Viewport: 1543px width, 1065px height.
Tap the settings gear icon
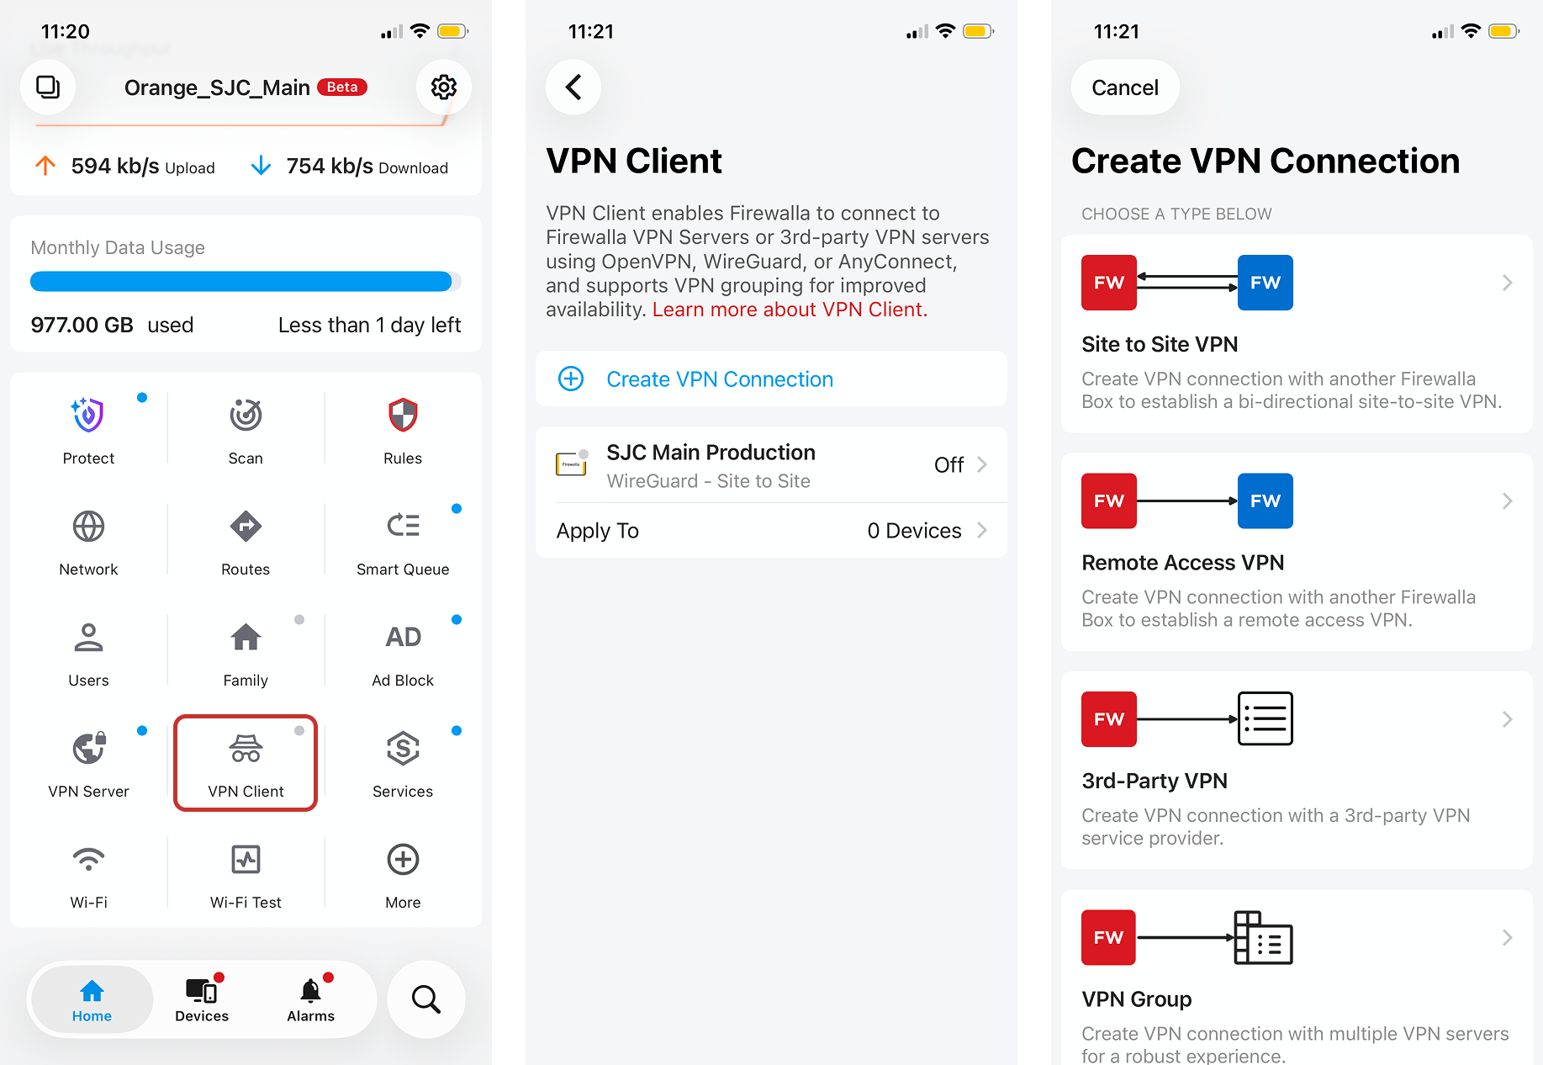pyautogui.click(x=443, y=87)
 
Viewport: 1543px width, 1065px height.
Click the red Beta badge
pyautogui.click(x=342, y=87)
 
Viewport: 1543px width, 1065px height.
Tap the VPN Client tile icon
pyautogui.click(x=246, y=748)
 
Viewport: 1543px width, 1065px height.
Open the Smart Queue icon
pyautogui.click(x=403, y=526)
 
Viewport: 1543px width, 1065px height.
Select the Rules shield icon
pyautogui.click(x=403, y=415)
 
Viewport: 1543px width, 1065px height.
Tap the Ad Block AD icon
pyautogui.click(x=403, y=637)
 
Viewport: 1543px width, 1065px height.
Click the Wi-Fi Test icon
pyautogui.click(x=246, y=859)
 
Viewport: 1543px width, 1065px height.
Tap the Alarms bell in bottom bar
pyautogui.click(x=310, y=991)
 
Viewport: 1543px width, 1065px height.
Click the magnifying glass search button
pyautogui.click(x=425, y=999)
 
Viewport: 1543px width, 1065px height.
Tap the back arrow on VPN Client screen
pyautogui.click(x=573, y=87)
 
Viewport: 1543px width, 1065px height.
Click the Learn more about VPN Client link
pyautogui.click(x=790, y=310)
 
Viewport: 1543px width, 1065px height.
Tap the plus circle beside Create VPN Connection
pyautogui.click(x=571, y=379)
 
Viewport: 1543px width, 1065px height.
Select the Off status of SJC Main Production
pyautogui.click(x=949, y=464)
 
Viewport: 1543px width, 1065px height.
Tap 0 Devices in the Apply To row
pyautogui.click(x=914, y=531)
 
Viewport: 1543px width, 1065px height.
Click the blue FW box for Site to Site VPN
pyautogui.click(x=1265, y=283)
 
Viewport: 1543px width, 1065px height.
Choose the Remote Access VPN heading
pyautogui.click(x=1182, y=563)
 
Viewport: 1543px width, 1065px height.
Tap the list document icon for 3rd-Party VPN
pyautogui.click(x=1265, y=718)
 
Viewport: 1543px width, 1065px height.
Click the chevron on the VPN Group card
pyautogui.click(x=1507, y=937)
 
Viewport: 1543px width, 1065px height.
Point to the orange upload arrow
pyautogui.click(x=45, y=166)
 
